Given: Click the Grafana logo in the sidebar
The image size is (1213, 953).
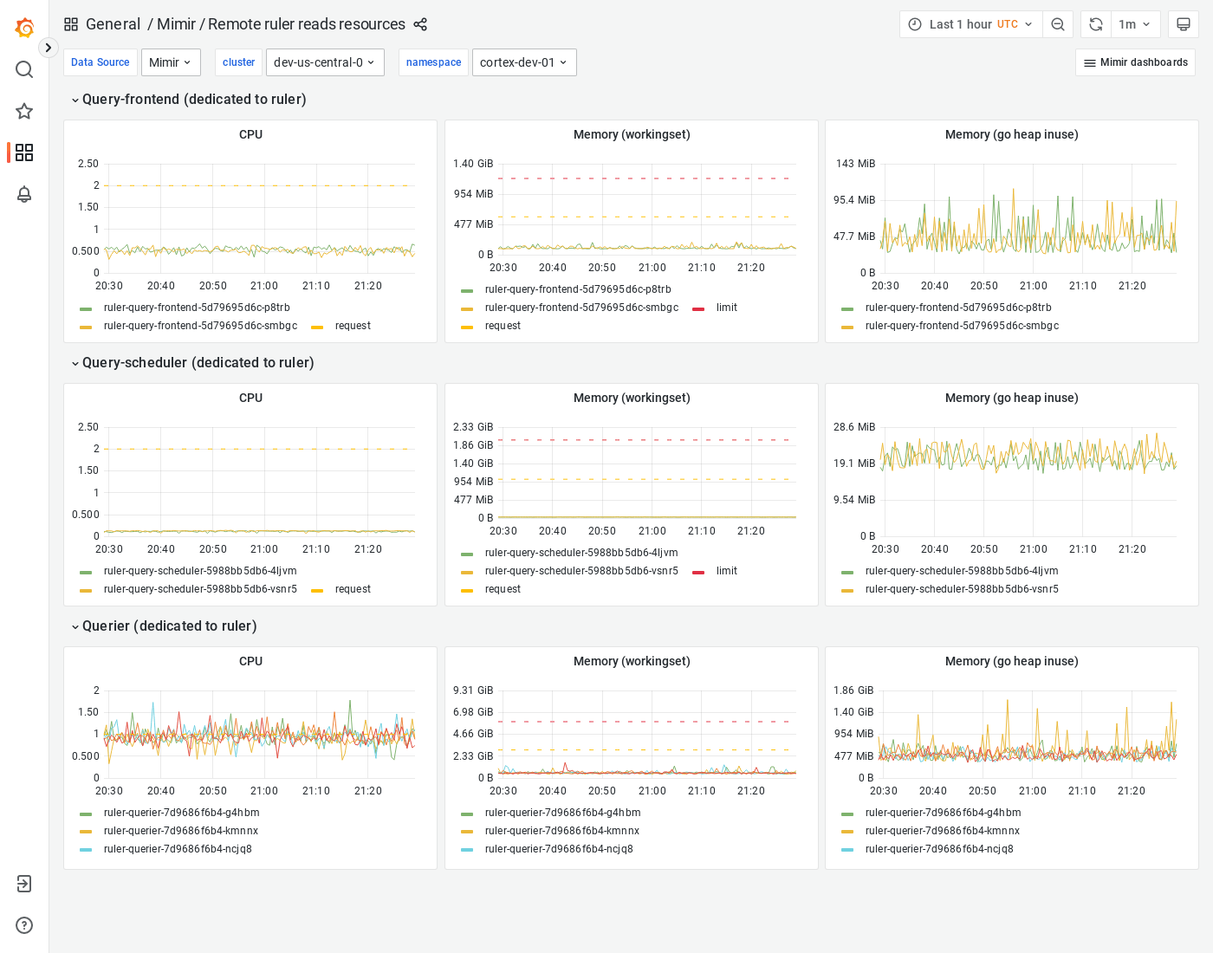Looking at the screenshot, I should (x=24, y=28).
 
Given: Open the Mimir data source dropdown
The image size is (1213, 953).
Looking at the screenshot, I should (x=171, y=62).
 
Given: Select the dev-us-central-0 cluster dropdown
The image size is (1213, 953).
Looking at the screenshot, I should (x=325, y=62).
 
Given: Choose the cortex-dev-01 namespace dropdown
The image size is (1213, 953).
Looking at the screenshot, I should (x=523, y=62).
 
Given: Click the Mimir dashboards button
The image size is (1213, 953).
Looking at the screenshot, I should (x=1135, y=62).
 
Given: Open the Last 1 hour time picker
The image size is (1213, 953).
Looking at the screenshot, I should (x=970, y=24).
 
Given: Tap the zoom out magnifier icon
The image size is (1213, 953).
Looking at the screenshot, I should (x=1058, y=24).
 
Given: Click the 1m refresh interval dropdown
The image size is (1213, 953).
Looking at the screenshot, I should (x=1134, y=24).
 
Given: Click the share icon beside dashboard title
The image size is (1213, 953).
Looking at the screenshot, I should (x=420, y=24).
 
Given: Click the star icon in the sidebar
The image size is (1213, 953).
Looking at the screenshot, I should (x=24, y=111).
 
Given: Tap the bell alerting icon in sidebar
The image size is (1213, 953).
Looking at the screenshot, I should (x=24, y=194).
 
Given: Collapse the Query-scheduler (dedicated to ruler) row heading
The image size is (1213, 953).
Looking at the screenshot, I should (x=198, y=363).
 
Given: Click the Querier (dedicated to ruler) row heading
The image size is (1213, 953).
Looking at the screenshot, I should (x=169, y=626).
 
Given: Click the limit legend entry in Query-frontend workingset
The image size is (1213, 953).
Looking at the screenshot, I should (x=726, y=308).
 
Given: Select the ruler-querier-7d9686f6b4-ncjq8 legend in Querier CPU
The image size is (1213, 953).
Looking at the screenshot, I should (x=178, y=849).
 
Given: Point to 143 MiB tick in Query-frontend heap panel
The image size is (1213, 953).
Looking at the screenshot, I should (x=855, y=164).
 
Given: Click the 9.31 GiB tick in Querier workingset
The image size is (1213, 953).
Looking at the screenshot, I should (x=473, y=690).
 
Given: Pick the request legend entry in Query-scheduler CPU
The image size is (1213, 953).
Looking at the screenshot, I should (x=353, y=589).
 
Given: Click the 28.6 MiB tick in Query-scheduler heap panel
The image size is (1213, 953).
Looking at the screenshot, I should (x=854, y=427).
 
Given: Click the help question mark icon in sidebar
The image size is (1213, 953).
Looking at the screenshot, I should (x=24, y=925).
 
